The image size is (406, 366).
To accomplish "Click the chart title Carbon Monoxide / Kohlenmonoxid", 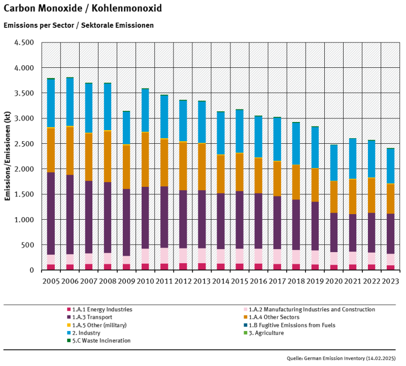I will (83, 9).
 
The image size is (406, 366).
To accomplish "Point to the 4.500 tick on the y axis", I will (23, 43).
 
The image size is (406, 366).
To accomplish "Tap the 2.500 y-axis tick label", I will (23, 144).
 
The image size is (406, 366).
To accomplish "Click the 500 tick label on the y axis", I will (26, 245).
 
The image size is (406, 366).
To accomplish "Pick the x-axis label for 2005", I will (51, 280).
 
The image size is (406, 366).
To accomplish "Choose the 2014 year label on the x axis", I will (221, 280).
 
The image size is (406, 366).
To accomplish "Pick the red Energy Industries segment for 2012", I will (183, 266).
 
